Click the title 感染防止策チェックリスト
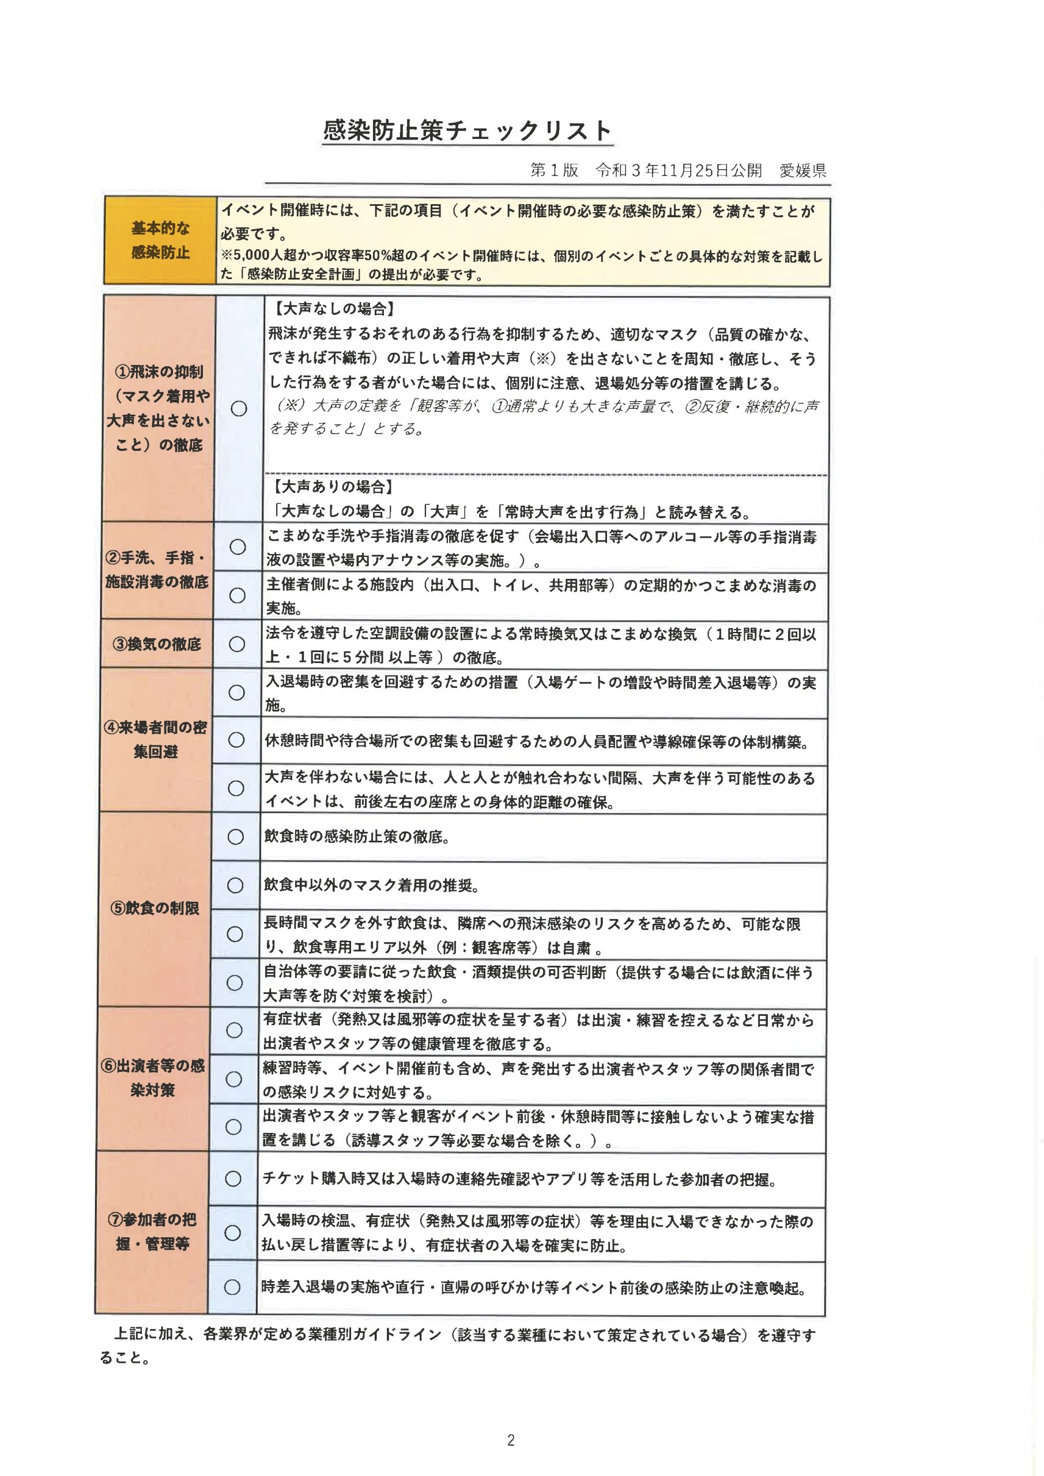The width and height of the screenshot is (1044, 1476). [467, 130]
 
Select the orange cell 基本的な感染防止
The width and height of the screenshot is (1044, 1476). [160, 240]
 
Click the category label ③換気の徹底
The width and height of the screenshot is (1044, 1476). [157, 643]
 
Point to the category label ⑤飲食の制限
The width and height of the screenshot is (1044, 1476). [154, 908]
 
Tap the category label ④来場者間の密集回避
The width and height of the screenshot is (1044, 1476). [156, 739]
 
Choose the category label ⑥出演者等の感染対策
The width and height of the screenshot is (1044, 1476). [153, 1078]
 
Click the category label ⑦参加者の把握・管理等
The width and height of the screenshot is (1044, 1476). [152, 1231]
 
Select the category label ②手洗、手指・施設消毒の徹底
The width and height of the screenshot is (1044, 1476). [157, 570]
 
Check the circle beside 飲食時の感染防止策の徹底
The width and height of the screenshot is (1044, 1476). [235, 837]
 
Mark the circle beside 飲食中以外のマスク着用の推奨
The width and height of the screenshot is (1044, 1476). [235, 885]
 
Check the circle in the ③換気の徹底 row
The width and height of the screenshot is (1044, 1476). [236, 643]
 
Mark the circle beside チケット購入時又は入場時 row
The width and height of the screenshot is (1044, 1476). [233, 1178]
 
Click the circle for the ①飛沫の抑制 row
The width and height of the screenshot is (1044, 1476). [239, 408]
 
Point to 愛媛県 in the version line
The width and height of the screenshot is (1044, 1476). [802, 170]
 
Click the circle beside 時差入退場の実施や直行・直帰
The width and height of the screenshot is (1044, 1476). [232, 1287]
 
